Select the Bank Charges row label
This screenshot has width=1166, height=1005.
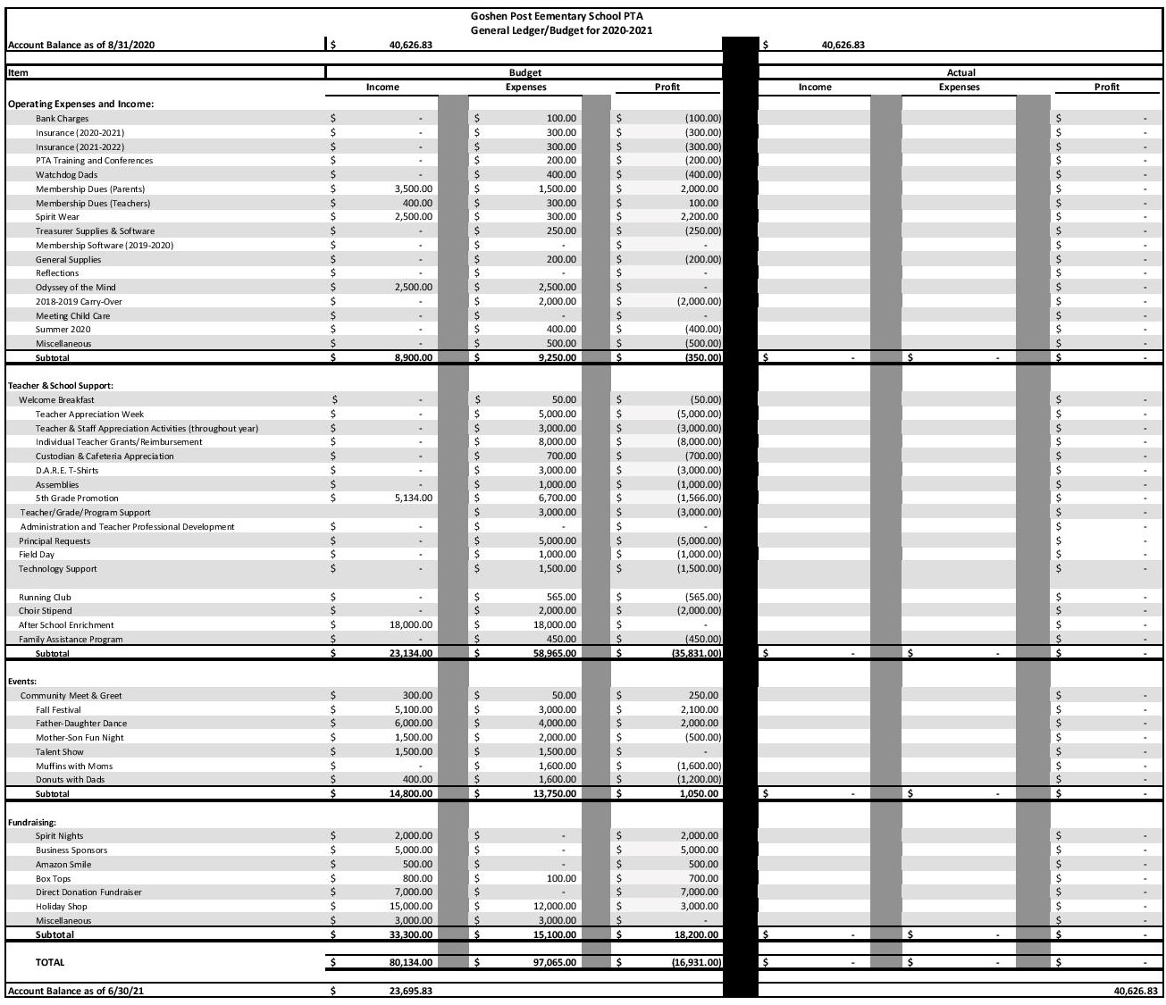[x=63, y=119]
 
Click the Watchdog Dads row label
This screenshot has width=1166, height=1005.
[x=67, y=175]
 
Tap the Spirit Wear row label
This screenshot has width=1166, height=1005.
[x=57, y=217]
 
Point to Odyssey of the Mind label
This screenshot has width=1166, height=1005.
[x=76, y=288]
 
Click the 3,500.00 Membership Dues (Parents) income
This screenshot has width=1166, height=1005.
[x=413, y=189]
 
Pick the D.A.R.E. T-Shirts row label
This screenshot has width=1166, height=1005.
[x=67, y=471]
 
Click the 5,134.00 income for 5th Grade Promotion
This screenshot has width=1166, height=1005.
[x=413, y=498]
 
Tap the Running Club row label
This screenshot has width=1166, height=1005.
[x=45, y=598]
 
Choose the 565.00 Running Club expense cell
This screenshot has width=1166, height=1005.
[x=561, y=598]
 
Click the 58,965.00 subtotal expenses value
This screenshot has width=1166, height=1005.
[x=554, y=654]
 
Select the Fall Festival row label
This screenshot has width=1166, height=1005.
[x=58, y=710]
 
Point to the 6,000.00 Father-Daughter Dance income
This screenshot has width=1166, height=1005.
[x=413, y=724]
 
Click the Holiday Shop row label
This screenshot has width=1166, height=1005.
[x=62, y=907]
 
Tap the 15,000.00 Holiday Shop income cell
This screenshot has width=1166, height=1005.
[x=411, y=907]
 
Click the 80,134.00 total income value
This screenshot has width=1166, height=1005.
[x=411, y=963]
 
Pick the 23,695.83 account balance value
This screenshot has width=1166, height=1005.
[x=411, y=992]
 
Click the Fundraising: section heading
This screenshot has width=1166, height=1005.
[x=32, y=822]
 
